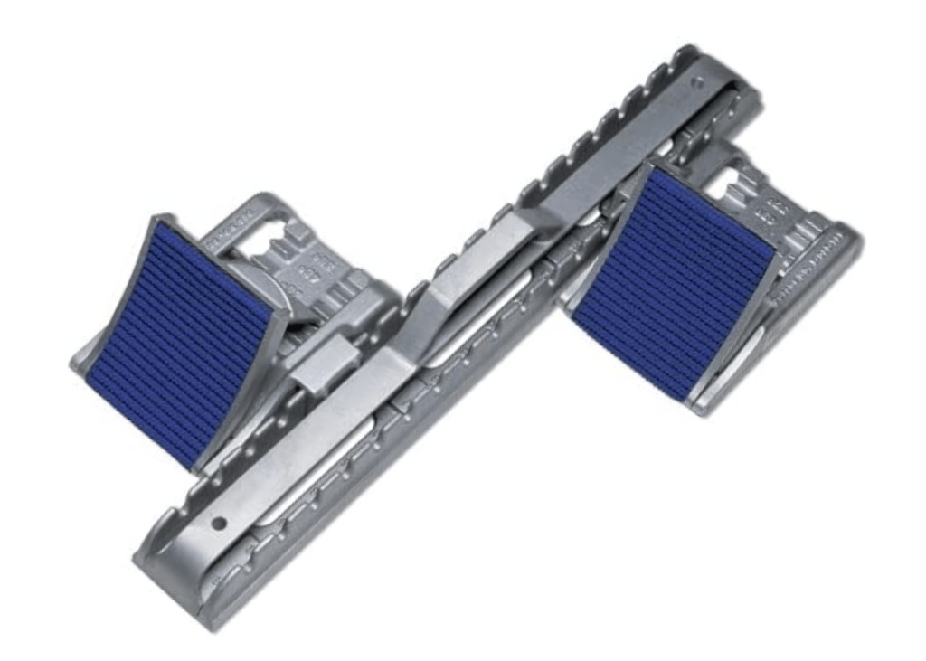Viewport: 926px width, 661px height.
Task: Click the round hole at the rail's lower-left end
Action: [219, 524]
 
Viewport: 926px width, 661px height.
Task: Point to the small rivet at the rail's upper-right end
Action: [695, 82]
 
